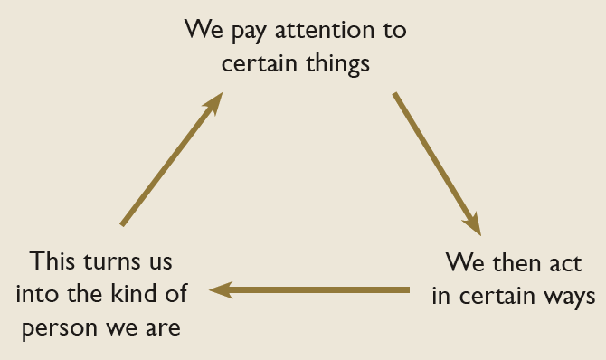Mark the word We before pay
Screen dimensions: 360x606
202,30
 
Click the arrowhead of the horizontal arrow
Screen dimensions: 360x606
220,289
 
